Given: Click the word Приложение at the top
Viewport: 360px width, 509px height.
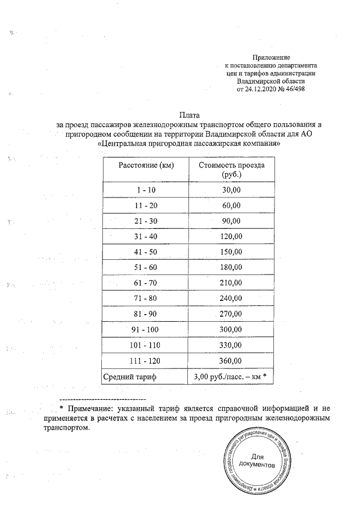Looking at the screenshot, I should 271,58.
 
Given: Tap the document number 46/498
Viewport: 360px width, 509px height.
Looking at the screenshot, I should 296,89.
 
